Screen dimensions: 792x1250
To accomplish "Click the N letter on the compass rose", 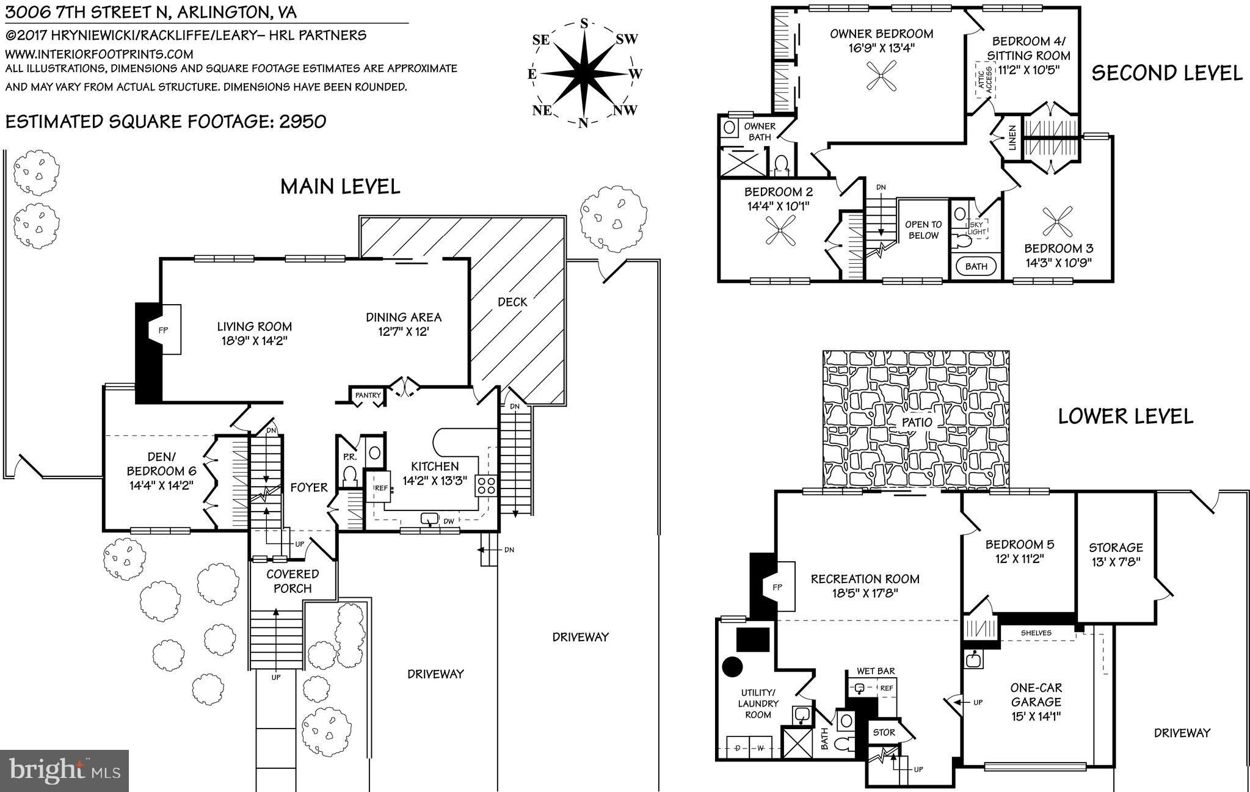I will click(x=583, y=123).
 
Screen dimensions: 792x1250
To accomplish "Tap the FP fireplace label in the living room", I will click(x=163, y=330).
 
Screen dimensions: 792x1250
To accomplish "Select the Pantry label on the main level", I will click(x=368, y=396).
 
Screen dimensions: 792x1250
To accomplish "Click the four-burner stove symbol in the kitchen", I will click(x=487, y=486).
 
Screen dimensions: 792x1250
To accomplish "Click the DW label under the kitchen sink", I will click(x=449, y=521).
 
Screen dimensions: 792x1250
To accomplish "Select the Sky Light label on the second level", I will click(x=977, y=228).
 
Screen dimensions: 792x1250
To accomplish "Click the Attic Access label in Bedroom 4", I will click(x=984, y=81).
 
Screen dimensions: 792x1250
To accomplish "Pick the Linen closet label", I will click(x=1011, y=138).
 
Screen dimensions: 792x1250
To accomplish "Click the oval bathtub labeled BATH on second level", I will click(x=976, y=266).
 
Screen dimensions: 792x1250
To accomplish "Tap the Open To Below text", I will click(x=923, y=230).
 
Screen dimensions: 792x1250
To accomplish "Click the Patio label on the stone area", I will click(x=917, y=422).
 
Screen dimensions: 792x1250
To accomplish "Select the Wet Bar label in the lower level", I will click(x=876, y=671).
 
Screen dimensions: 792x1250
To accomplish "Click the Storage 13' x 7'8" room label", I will click(x=1115, y=554).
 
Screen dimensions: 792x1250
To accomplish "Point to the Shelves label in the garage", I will click(x=1036, y=633).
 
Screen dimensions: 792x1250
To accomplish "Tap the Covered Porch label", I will click(x=293, y=581).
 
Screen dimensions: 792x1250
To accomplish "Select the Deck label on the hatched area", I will click(x=512, y=302).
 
